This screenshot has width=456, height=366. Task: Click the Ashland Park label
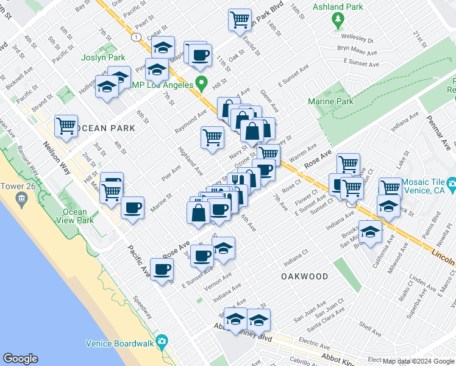[x=338, y=7]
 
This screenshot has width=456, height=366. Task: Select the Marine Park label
[x=330, y=101]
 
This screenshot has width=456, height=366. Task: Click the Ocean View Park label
[x=74, y=217]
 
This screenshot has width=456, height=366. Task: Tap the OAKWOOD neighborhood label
[x=304, y=276]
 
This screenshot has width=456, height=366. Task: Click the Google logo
[x=21, y=359]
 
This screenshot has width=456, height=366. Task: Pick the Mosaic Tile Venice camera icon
[x=452, y=184]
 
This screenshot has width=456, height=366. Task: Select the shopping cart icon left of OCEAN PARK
[x=66, y=126]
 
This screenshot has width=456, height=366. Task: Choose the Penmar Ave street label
[x=440, y=131]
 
